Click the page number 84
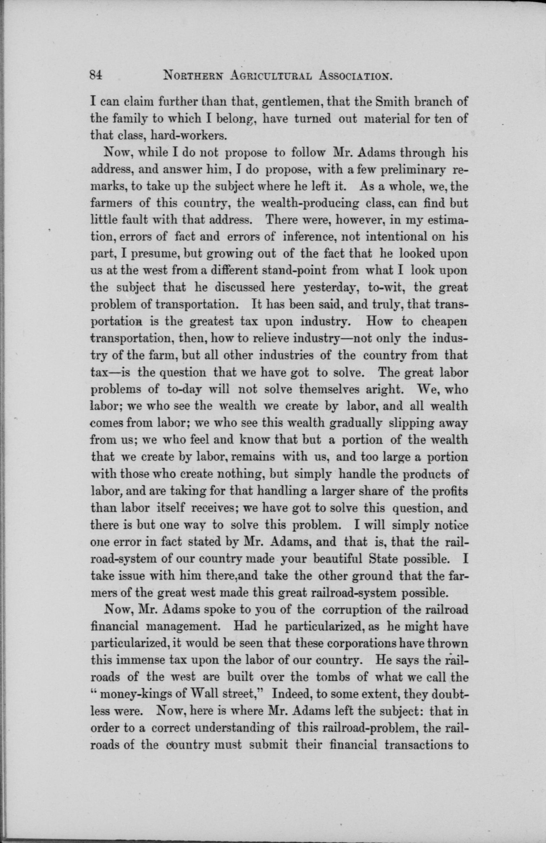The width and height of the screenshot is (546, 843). pos(96,75)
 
